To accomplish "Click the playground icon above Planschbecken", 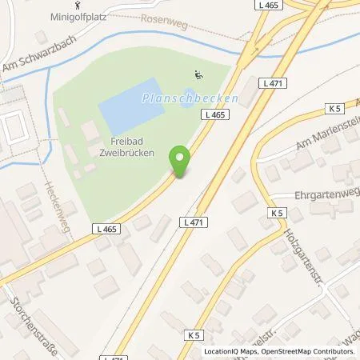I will [198, 77].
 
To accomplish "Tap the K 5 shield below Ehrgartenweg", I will [277, 213].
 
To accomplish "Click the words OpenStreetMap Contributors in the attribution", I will [310, 351].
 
